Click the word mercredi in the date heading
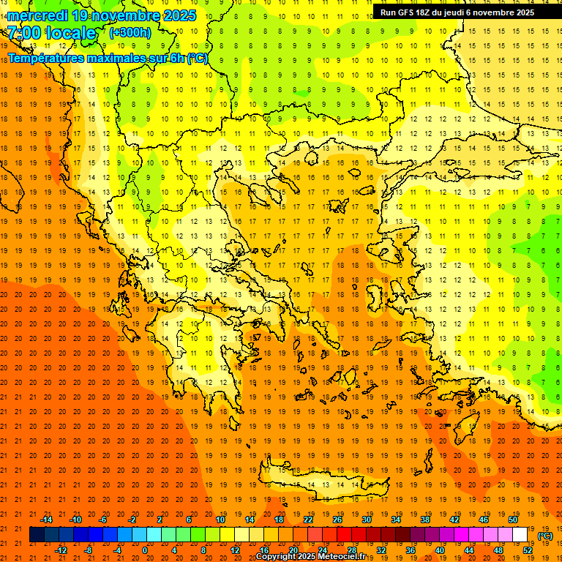37,15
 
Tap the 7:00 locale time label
52,33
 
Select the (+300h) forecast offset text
130,32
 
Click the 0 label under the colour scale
144,550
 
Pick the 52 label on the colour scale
528,550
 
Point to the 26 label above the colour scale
337,520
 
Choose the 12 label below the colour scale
235,550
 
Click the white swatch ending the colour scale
520,535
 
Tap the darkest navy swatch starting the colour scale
37,535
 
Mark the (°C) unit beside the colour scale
544,536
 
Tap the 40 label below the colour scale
440,550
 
